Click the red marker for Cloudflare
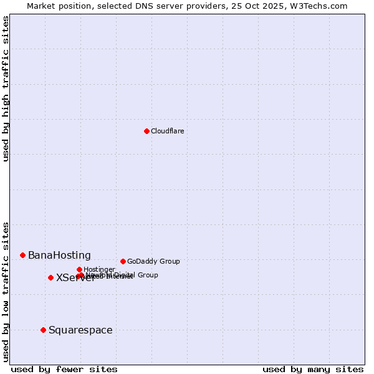coord(146,131)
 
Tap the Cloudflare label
coord(167,131)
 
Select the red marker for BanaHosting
coord(22,255)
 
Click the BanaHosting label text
coord(59,256)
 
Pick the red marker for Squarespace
coord(43,330)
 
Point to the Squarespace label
coord(80,330)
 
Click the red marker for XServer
coord(50,277)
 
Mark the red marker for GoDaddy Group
coord(123,261)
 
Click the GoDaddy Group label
coord(153,262)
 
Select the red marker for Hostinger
coord(79,269)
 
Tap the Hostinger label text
coord(99,270)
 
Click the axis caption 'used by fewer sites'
coord(64,369)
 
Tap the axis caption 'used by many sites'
coord(313,369)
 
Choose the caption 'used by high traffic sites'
coord(6,89)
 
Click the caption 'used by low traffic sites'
coord(6,292)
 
